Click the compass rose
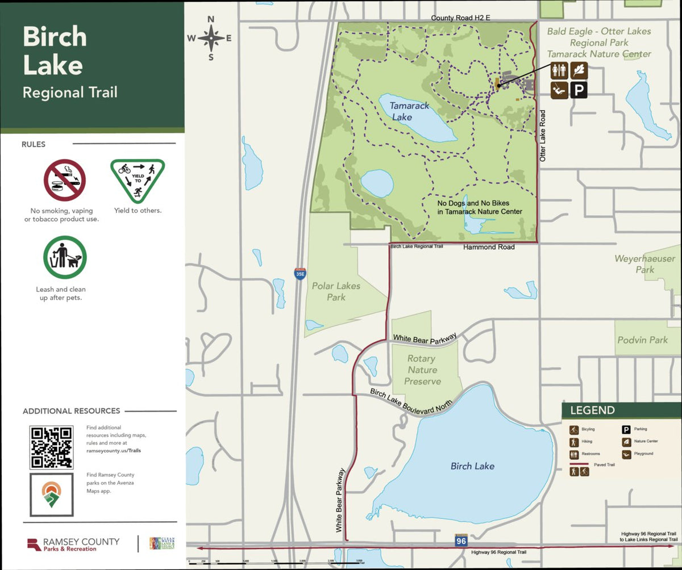pos(210,38)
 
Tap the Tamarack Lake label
pos(409,111)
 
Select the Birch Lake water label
pos(472,466)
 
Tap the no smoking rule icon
pos(65,180)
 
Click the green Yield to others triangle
pos(138,180)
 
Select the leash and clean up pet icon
pos(65,257)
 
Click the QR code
pos(51,447)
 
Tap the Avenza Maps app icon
pos(51,494)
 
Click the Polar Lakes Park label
pos(336,291)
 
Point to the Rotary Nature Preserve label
pos(422,370)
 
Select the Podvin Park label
pos(642,340)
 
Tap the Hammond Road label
pos(489,248)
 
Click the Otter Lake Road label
pos(543,136)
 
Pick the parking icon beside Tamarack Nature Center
pos(579,90)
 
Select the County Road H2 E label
pos(460,18)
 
